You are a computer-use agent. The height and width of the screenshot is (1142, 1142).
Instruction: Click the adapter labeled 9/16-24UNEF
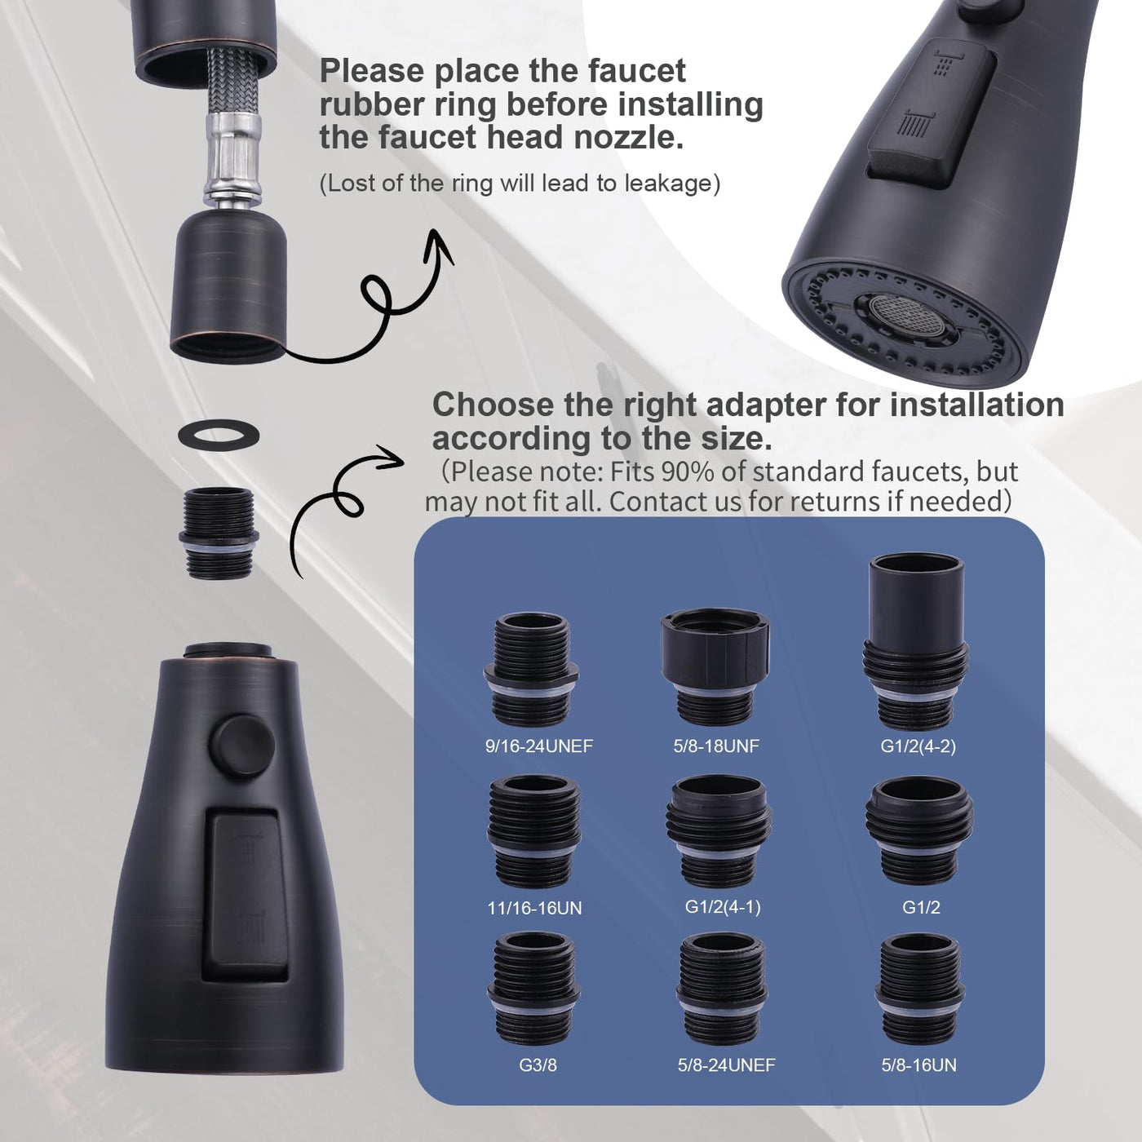click(531, 670)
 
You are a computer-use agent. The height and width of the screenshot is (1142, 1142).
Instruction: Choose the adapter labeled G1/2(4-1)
click(719, 830)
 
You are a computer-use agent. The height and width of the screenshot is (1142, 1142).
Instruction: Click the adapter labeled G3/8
click(533, 989)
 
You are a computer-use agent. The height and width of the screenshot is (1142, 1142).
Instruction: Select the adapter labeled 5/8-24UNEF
click(722, 989)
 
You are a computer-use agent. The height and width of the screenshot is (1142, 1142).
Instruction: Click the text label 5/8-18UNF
click(716, 746)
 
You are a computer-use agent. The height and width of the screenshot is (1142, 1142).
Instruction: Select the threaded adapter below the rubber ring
click(219, 533)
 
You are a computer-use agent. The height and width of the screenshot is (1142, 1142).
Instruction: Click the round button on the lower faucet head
click(242, 745)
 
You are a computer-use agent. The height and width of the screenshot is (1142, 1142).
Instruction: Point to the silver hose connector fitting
click(233, 159)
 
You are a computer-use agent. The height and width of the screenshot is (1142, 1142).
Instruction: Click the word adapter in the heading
click(766, 405)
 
